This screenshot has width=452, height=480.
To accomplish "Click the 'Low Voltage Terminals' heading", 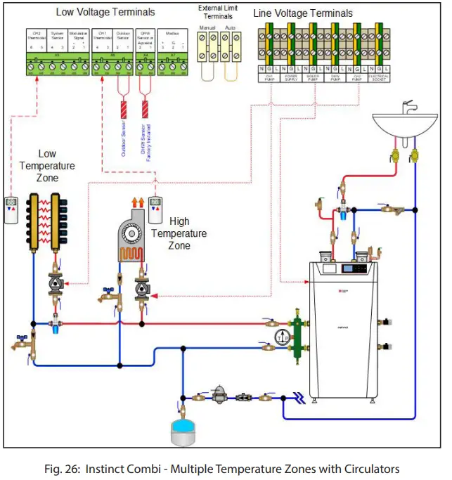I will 105,12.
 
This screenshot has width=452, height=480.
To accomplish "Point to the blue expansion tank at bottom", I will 183,430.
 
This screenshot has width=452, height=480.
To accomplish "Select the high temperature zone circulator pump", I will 143,290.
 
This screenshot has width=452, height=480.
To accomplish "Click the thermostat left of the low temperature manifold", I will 11,209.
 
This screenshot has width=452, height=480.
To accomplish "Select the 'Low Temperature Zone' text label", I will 48,166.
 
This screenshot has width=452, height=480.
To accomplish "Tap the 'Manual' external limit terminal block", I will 207,47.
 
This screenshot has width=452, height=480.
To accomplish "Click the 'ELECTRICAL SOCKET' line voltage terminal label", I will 380,79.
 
